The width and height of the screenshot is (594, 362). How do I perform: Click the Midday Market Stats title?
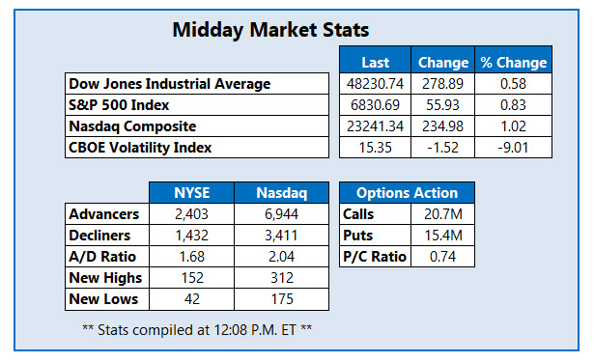(x=269, y=29)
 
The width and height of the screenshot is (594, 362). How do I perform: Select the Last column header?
(x=375, y=62)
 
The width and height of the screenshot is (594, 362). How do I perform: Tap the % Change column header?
(x=513, y=62)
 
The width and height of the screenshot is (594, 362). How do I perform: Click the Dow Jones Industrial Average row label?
(x=169, y=84)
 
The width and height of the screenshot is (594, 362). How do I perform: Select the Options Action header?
(x=399, y=192)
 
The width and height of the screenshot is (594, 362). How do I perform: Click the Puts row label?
(x=359, y=236)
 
